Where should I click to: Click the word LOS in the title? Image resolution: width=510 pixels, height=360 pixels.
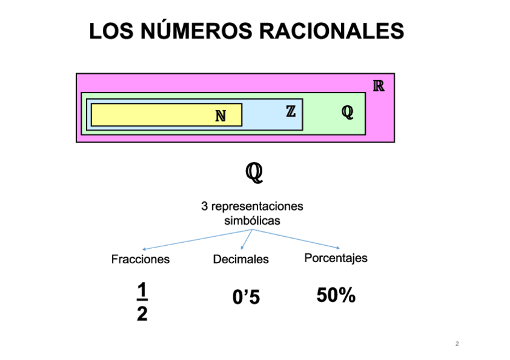pyautogui.click(x=111, y=31)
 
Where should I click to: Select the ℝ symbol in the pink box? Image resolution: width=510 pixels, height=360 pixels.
pyautogui.click(x=378, y=85)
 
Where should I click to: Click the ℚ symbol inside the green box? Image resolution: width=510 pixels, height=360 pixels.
pyautogui.click(x=347, y=112)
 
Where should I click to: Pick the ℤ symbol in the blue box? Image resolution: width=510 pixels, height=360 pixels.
pyautogui.click(x=290, y=111)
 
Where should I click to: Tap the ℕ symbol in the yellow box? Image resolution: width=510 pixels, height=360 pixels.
pyautogui.click(x=221, y=115)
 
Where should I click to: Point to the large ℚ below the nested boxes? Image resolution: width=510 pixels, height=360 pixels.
pyautogui.click(x=254, y=173)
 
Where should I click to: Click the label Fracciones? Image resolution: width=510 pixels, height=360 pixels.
pyautogui.click(x=140, y=260)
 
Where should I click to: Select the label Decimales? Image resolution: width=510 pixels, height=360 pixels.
pyautogui.click(x=241, y=260)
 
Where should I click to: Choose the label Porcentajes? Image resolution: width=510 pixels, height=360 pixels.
pyautogui.click(x=336, y=258)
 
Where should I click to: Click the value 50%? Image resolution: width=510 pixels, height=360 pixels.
pyautogui.click(x=336, y=296)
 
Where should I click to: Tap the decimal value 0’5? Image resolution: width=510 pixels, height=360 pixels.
pyautogui.click(x=246, y=297)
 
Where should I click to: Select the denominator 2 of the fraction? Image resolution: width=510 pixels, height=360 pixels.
pyautogui.click(x=142, y=314)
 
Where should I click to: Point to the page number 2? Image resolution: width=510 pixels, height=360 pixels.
pyautogui.click(x=457, y=344)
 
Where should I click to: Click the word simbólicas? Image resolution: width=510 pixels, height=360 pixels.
pyautogui.click(x=252, y=221)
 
